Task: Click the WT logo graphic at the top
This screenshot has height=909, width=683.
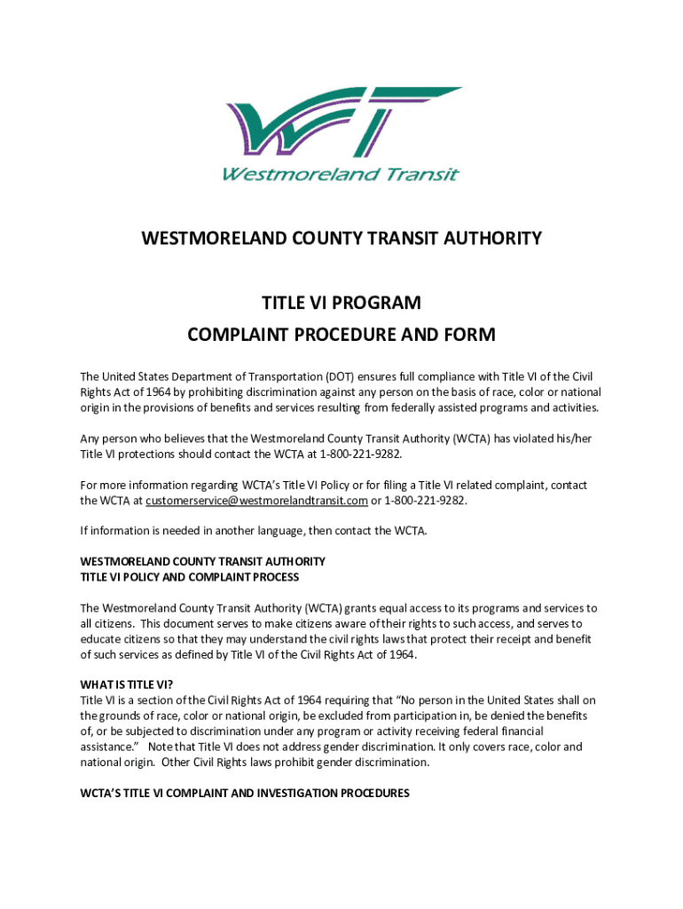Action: pyautogui.click(x=341, y=124)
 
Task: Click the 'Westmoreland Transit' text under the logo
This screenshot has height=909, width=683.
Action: pyautogui.click(x=341, y=174)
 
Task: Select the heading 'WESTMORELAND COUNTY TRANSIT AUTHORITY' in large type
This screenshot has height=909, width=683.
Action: pyautogui.click(x=341, y=239)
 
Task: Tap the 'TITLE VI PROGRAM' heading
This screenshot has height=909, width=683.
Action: pyautogui.click(x=341, y=304)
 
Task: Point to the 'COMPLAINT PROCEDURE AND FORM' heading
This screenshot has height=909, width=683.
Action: pyautogui.click(x=341, y=336)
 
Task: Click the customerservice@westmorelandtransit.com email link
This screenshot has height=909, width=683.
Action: pyautogui.click(x=257, y=501)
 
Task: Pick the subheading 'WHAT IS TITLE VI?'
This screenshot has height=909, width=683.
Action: pyautogui.click(x=126, y=684)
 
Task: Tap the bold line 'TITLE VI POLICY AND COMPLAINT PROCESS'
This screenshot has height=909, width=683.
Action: pyautogui.click(x=190, y=577)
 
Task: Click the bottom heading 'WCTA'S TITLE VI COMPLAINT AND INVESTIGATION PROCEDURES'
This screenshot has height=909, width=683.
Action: pyautogui.click(x=245, y=794)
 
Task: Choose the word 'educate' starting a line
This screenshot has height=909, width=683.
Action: pyautogui.click(x=101, y=639)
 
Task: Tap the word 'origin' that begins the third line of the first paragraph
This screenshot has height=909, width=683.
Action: pyautogui.click(x=97, y=407)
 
